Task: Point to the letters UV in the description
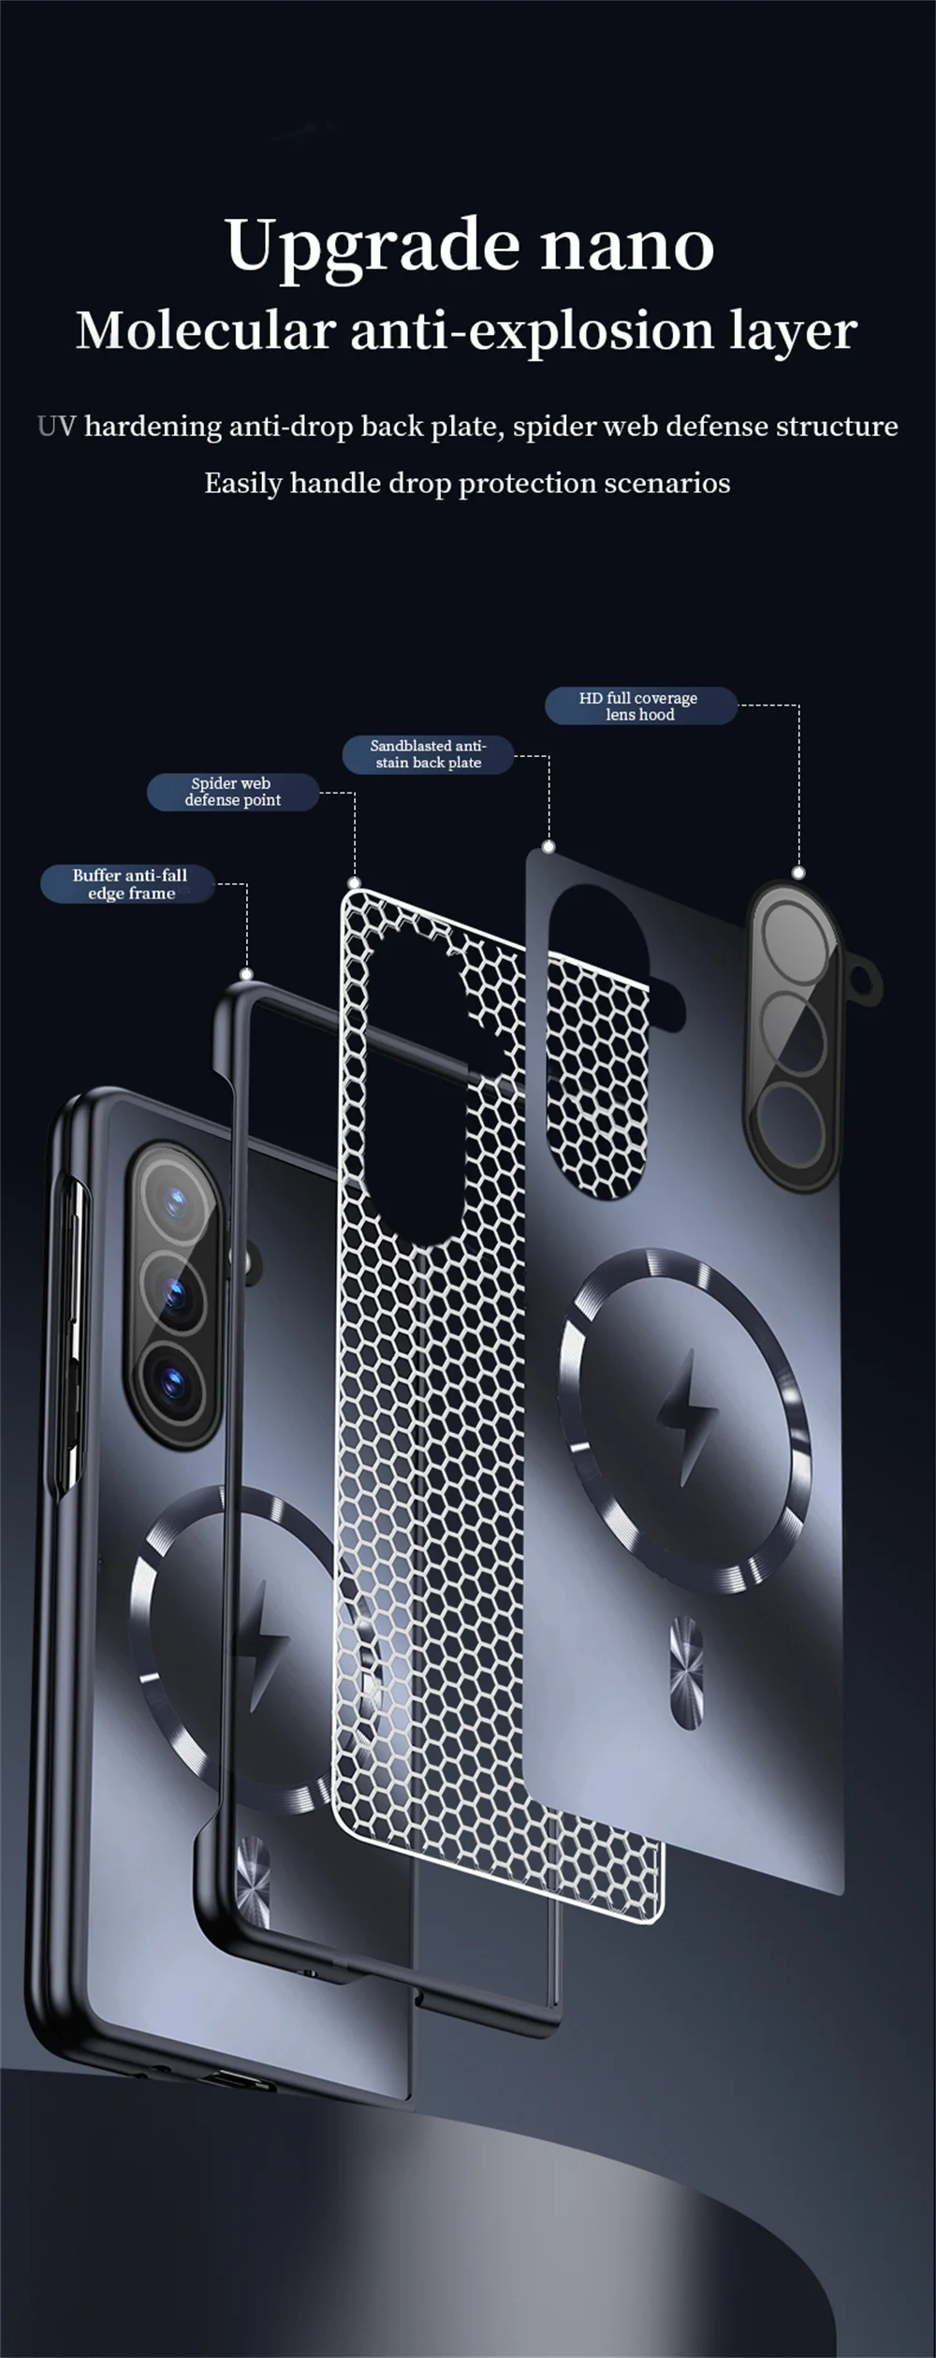[x=56, y=427]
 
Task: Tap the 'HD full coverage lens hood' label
[x=640, y=706]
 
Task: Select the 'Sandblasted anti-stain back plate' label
[x=428, y=754]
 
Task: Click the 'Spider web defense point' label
[x=232, y=792]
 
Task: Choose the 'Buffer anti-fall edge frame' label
[x=129, y=884]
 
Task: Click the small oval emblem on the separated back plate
[x=687, y=1658]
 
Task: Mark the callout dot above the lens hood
[x=798, y=873]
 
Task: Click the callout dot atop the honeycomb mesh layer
[x=354, y=882]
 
